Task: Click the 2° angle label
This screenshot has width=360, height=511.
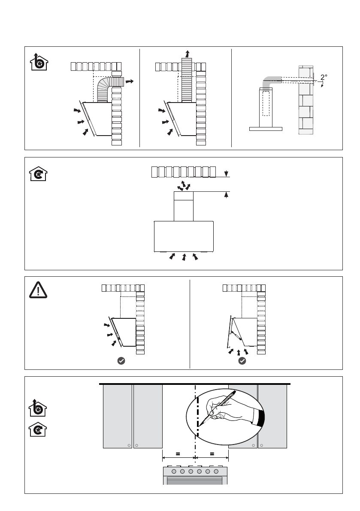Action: pyautogui.click(x=324, y=77)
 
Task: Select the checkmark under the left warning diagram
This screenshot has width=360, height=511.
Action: pyautogui.click(x=121, y=361)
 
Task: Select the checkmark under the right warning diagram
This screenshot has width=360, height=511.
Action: pyautogui.click(x=242, y=361)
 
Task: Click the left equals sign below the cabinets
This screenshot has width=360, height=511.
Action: pyautogui.click(x=178, y=453)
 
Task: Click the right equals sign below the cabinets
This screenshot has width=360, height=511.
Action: pyautogui.click(x=212, y=453)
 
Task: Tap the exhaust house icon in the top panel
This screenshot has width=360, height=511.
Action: pyautogui.click(x=39, y=63)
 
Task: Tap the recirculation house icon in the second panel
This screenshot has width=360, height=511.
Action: pyautogui.click(x=39, y=174)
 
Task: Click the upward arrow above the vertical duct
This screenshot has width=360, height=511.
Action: pyautogui.click(x=187, y=54)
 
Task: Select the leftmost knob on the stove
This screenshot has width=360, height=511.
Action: pyautogui.click(x=174, y=471)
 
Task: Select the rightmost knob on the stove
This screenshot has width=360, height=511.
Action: pyautogui.click(x=216, y=471)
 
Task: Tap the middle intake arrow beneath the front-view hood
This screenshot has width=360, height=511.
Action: pyautogui.click(x=184, y=257)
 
